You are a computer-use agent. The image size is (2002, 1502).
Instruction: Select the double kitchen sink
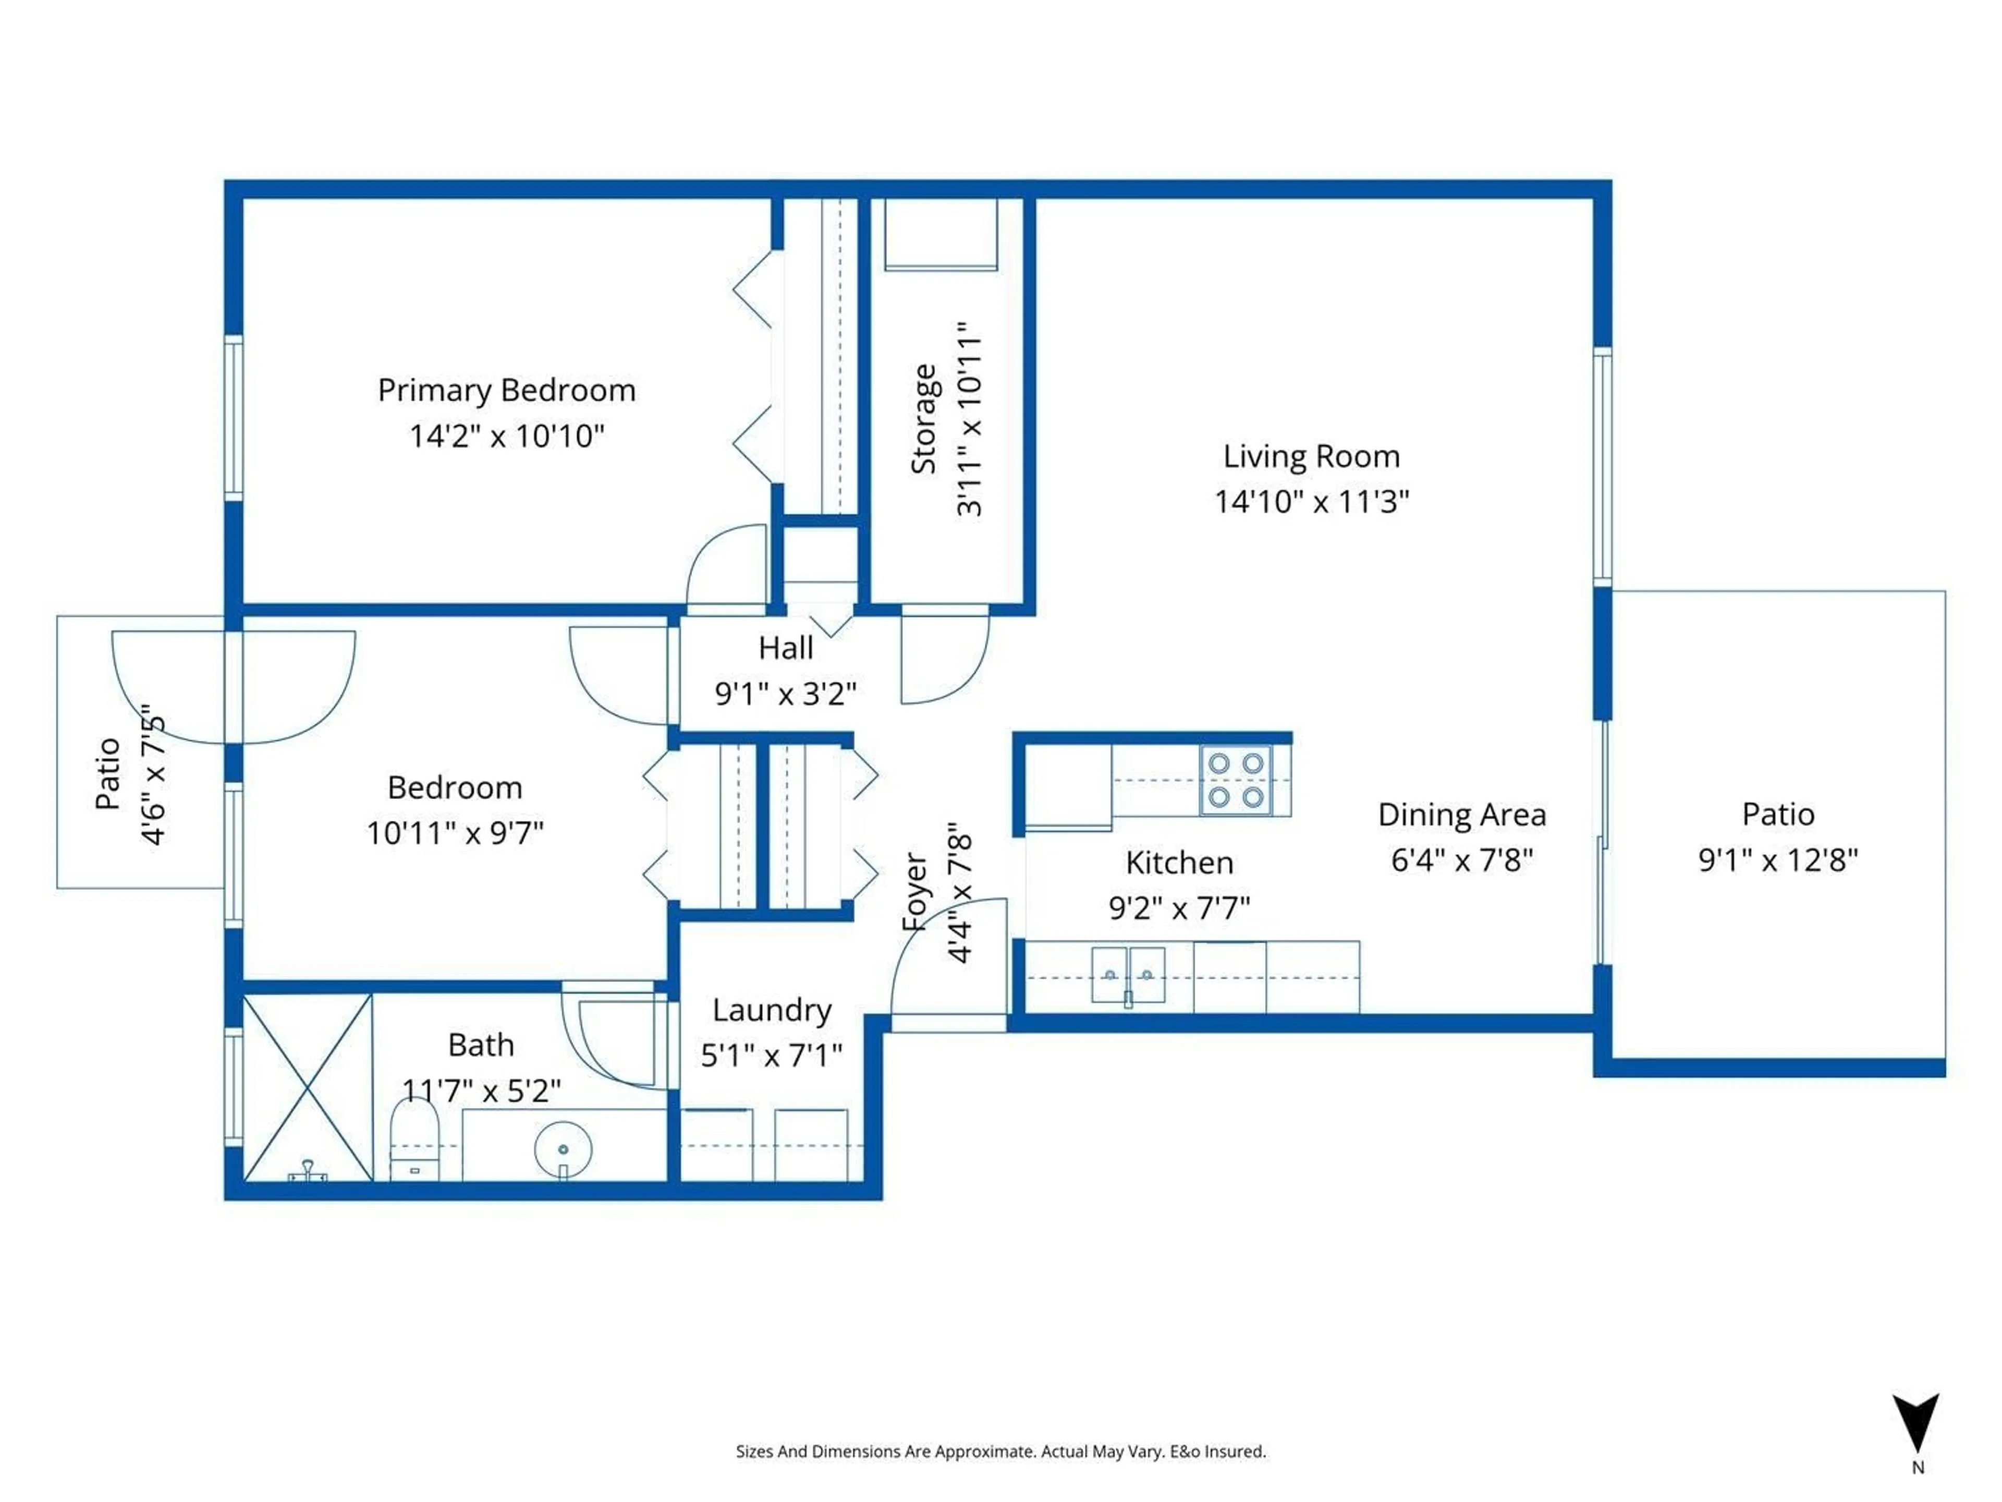[x=1128, y=976]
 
